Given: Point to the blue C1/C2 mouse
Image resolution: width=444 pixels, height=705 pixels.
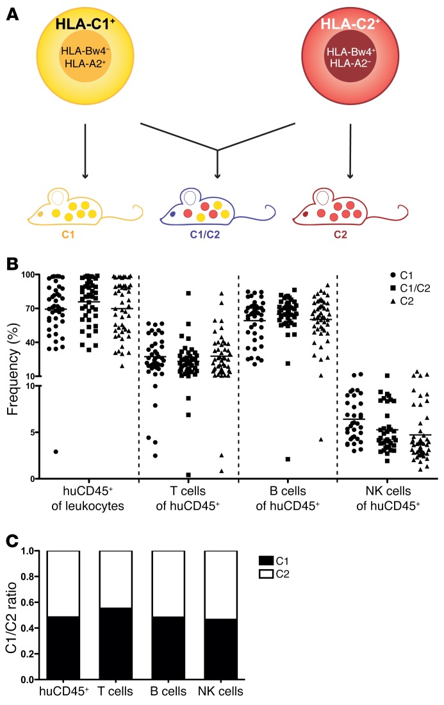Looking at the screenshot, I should [x=217, y=215].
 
